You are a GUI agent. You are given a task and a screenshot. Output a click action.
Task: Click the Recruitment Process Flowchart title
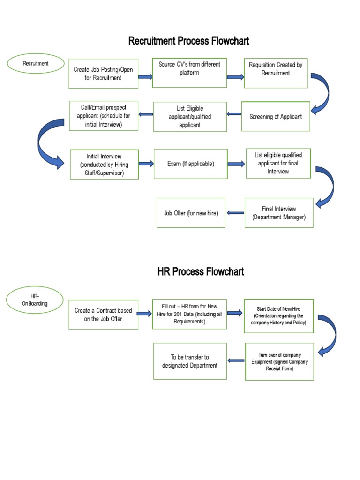[x=188, y=41]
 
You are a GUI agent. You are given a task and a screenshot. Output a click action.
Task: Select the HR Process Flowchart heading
[x=201, y=272]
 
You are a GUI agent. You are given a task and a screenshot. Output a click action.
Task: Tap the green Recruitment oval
[x=36, y=64]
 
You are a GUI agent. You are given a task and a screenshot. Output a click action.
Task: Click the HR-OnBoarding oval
[x=35, y=300]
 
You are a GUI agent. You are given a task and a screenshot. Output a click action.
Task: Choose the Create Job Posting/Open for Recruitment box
[x=103, y=74]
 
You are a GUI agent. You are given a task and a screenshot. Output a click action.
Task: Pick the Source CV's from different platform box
[x=189, y=73]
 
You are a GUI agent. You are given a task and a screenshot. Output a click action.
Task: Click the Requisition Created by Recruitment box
[x=276, y=73]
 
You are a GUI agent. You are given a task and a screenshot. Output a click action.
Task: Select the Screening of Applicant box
[x=276, y=116]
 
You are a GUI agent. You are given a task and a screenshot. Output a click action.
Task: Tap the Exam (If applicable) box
[x=190, y=164]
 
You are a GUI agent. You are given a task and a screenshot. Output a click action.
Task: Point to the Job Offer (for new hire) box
[x=191, y=213]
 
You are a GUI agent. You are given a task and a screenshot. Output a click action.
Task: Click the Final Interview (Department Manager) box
[x=279, y=213]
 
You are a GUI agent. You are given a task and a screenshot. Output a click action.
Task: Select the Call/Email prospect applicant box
[x=103, y=116]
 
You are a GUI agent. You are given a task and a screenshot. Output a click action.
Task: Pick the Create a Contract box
[x=103, y=315]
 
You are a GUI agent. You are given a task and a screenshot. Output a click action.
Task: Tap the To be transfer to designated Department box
[x=190, y=361]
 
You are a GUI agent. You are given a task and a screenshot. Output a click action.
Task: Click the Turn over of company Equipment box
[x=279, y=361]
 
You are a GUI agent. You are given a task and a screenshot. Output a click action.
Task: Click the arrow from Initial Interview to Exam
[x=146, y=164]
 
